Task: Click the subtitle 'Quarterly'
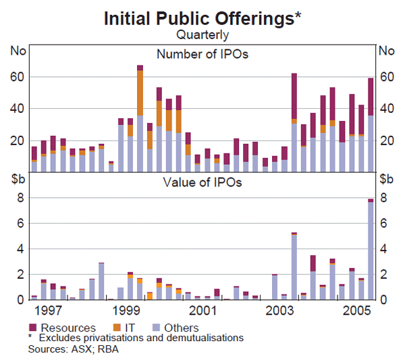(202, 34)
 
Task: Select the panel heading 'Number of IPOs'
(202, 54)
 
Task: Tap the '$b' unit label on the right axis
(387, 179)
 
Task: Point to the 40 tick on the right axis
(386, 109)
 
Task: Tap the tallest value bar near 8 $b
(370, 251)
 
